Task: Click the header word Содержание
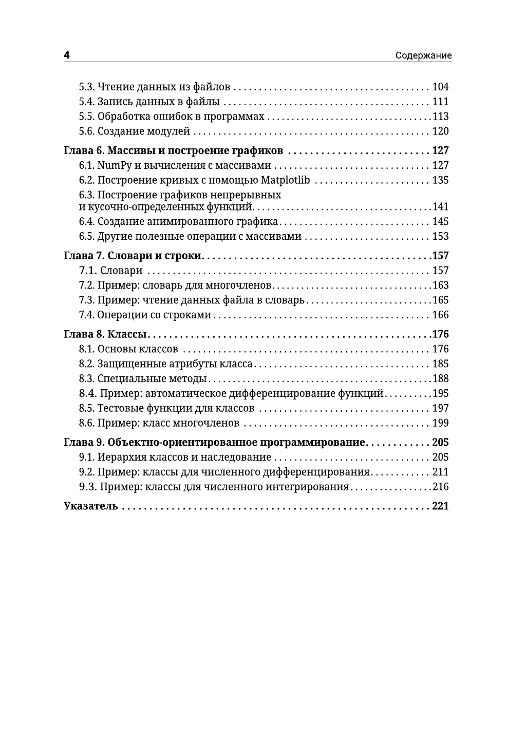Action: [x=423, y=55]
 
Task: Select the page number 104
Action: [x=440, y=87]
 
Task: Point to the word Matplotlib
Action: [x=285, y=180]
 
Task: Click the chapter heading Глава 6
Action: [x=84, y=150]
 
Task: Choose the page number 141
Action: [x=440, y=207]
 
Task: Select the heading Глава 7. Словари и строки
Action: [x=134, y=256]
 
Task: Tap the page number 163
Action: [x=440, y=285]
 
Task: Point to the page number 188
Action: [x=440, y=379]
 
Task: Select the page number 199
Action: [x=440, y=423]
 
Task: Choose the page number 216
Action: [x=440, y=487]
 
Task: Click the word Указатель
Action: [x=91, y=506]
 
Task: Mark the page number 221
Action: [x=440, y=506]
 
